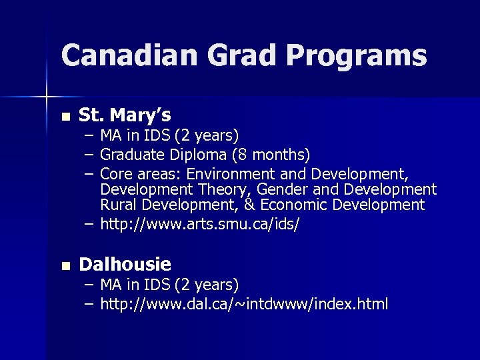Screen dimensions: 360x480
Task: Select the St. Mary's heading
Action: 125,115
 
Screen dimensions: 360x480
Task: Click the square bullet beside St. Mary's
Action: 64,117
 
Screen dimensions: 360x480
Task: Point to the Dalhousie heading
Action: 125,265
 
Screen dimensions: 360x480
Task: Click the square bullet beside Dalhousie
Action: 64,266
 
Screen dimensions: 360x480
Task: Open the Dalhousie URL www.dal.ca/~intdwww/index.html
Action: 244,305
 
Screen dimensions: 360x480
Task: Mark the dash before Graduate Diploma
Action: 89,155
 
